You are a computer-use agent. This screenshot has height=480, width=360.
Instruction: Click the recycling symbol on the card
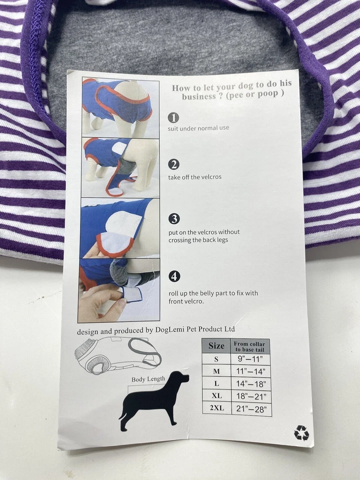[301, 432]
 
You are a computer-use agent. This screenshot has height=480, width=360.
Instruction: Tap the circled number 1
[173, 117]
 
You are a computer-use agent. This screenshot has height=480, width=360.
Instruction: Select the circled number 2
[173, 164]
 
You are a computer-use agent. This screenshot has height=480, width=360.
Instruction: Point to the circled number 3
[174, 218]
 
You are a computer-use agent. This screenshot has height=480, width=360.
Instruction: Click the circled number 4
[174, 276]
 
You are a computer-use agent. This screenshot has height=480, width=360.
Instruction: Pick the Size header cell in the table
[216, 346]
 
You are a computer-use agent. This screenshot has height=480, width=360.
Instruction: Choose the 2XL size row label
[216, 408]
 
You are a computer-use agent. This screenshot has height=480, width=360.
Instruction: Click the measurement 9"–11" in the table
[251, 359]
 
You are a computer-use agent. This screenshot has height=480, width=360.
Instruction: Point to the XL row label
[216, 396]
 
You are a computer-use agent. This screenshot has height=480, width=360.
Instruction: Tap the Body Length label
[148, 379]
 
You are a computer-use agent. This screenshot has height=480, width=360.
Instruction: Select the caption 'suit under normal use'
[198, 128]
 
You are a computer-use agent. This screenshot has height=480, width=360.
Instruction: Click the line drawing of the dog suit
[118, 355]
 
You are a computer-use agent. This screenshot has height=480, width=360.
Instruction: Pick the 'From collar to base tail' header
[251, 346]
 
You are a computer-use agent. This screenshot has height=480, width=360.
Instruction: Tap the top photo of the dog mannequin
[120, 108]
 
